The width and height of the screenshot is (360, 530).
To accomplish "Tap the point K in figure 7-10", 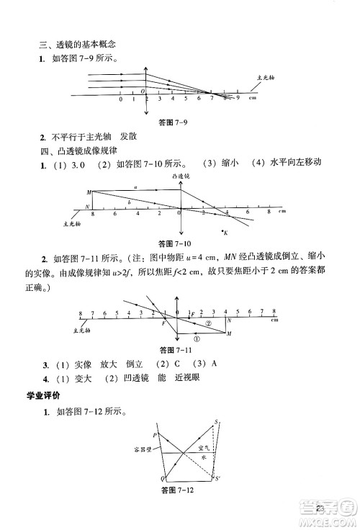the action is pyautogui.click(x=226, y=232).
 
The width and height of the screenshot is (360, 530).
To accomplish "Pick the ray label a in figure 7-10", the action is pyautogui.click(x=135, y=187).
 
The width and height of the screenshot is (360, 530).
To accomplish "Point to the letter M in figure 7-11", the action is pyautogui.click(x=229, y=335).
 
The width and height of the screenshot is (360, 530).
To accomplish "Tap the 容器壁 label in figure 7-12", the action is pyautogui.click(x=143, y=452).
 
